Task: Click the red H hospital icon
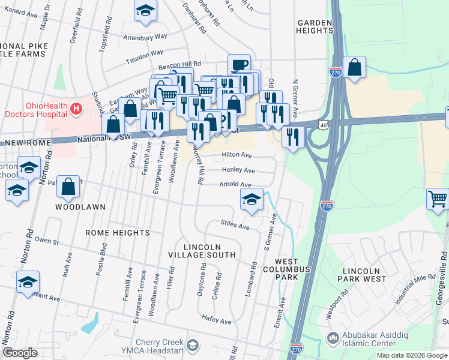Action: tap(76, 109)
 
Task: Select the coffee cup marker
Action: tap(239, 65)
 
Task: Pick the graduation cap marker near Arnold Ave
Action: tap(252, 200)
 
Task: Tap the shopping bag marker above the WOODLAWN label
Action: tap(69, 187)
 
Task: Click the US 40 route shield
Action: tap(324, 124)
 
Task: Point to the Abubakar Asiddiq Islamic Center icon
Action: tap(334, 339)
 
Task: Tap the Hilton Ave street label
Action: tap(237, 155)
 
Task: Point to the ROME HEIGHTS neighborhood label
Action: tap(117, 233)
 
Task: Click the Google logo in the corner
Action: tap(20, 353)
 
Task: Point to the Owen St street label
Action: tap(47, 241)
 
